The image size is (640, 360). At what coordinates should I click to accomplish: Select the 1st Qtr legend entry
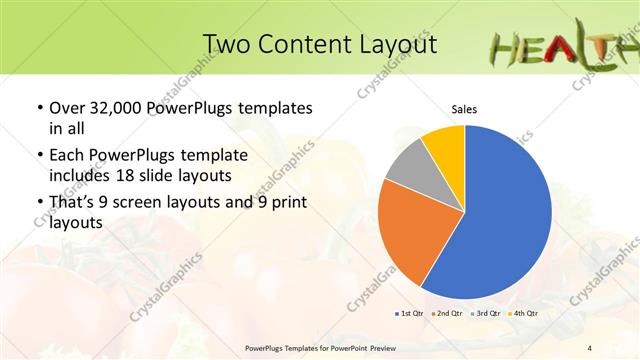(x=409, y=314)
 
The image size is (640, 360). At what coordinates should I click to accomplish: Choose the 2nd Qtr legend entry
(x=447, y=314)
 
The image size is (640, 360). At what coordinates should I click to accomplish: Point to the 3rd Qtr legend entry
(x=485, y=314)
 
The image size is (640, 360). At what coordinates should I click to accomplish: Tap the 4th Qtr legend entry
(x=522, y=314)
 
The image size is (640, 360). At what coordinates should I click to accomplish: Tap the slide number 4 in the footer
(x=589, y=347)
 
